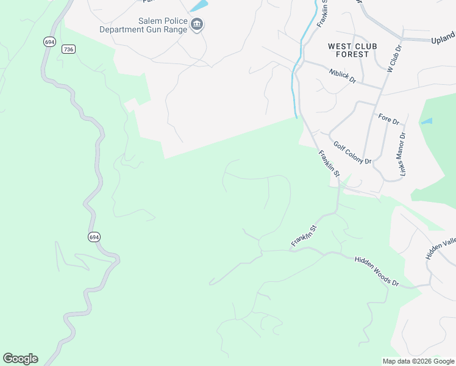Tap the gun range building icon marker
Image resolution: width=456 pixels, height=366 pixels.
[x=197, y=24]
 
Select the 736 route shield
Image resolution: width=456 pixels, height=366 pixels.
[x=68, y=49]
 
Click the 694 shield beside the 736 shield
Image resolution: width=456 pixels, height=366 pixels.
[x=49, y=41]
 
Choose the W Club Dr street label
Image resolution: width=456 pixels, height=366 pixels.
[x=394, y=57]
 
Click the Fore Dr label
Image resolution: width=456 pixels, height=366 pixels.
[x=388, y=119]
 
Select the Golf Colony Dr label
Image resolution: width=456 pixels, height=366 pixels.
[x=352, y=152]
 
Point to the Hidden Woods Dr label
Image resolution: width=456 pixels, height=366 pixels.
[x=376, y=272]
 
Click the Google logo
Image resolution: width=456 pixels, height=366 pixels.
[x=20, y=359]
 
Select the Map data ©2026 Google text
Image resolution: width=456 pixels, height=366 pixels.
[x=418, y=361]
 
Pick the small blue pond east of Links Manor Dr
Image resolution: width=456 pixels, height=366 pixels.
[x=427, y=121]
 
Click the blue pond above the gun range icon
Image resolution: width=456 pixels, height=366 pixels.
[x=199, y=6]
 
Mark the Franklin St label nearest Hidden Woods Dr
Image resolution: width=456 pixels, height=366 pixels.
[x=304, y=235]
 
